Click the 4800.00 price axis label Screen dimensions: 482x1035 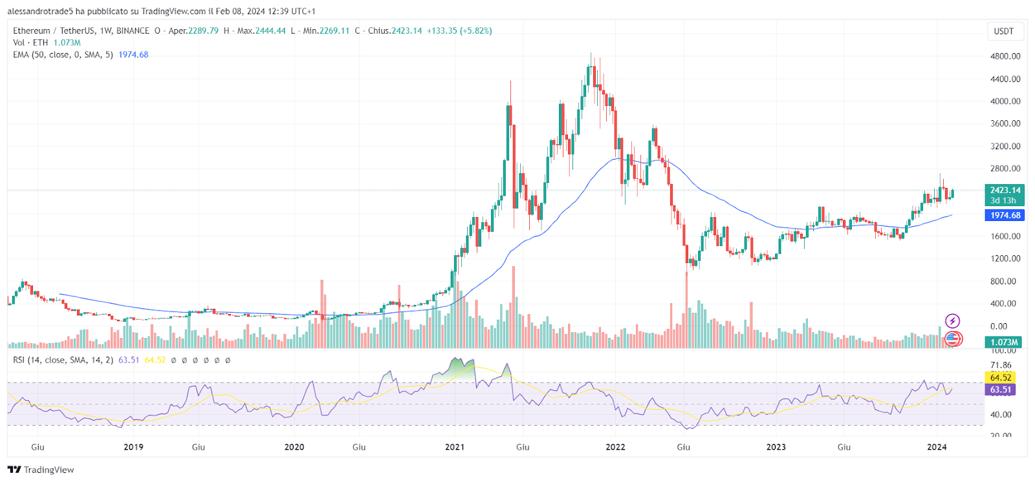[x=1005, y=56]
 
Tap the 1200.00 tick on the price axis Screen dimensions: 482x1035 [x=1005, y=258]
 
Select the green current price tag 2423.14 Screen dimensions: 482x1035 [x=1005, y=190]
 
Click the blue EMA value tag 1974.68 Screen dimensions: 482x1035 [x=1005, y=215]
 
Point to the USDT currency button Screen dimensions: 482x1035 [x=1003, y=31]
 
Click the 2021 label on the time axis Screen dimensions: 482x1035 [x=455, y=447]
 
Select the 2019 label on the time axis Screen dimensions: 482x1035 [x=133, y=447]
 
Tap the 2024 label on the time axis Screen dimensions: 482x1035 [x=937, y=447]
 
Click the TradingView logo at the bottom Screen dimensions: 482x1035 [x=41, y=470]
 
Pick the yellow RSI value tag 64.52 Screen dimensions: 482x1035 [x=1000, y=377]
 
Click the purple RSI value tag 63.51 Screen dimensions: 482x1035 [x=1000, y=390]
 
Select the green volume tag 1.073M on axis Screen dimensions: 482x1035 [x=1004, y=342]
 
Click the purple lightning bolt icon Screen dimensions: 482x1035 [x=952, y=320]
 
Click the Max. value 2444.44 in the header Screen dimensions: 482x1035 [x=270, y=31]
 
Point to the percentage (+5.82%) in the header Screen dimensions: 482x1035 [x=475, y=31]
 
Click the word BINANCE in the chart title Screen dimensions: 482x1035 [x=133, y=31]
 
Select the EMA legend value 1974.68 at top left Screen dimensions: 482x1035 [x=133, y=55]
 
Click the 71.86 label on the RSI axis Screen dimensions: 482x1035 [x=1001, y=366]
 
